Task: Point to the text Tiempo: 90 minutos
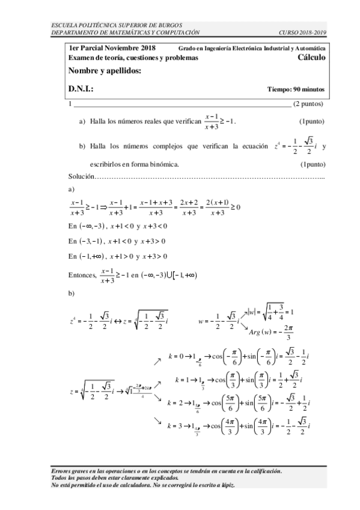[x=296, y=90]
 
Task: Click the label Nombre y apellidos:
[x=105, y=72]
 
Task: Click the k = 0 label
[x=177, y=356]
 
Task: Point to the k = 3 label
[x=177, y=426]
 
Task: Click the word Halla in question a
[x=98, y=121]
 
